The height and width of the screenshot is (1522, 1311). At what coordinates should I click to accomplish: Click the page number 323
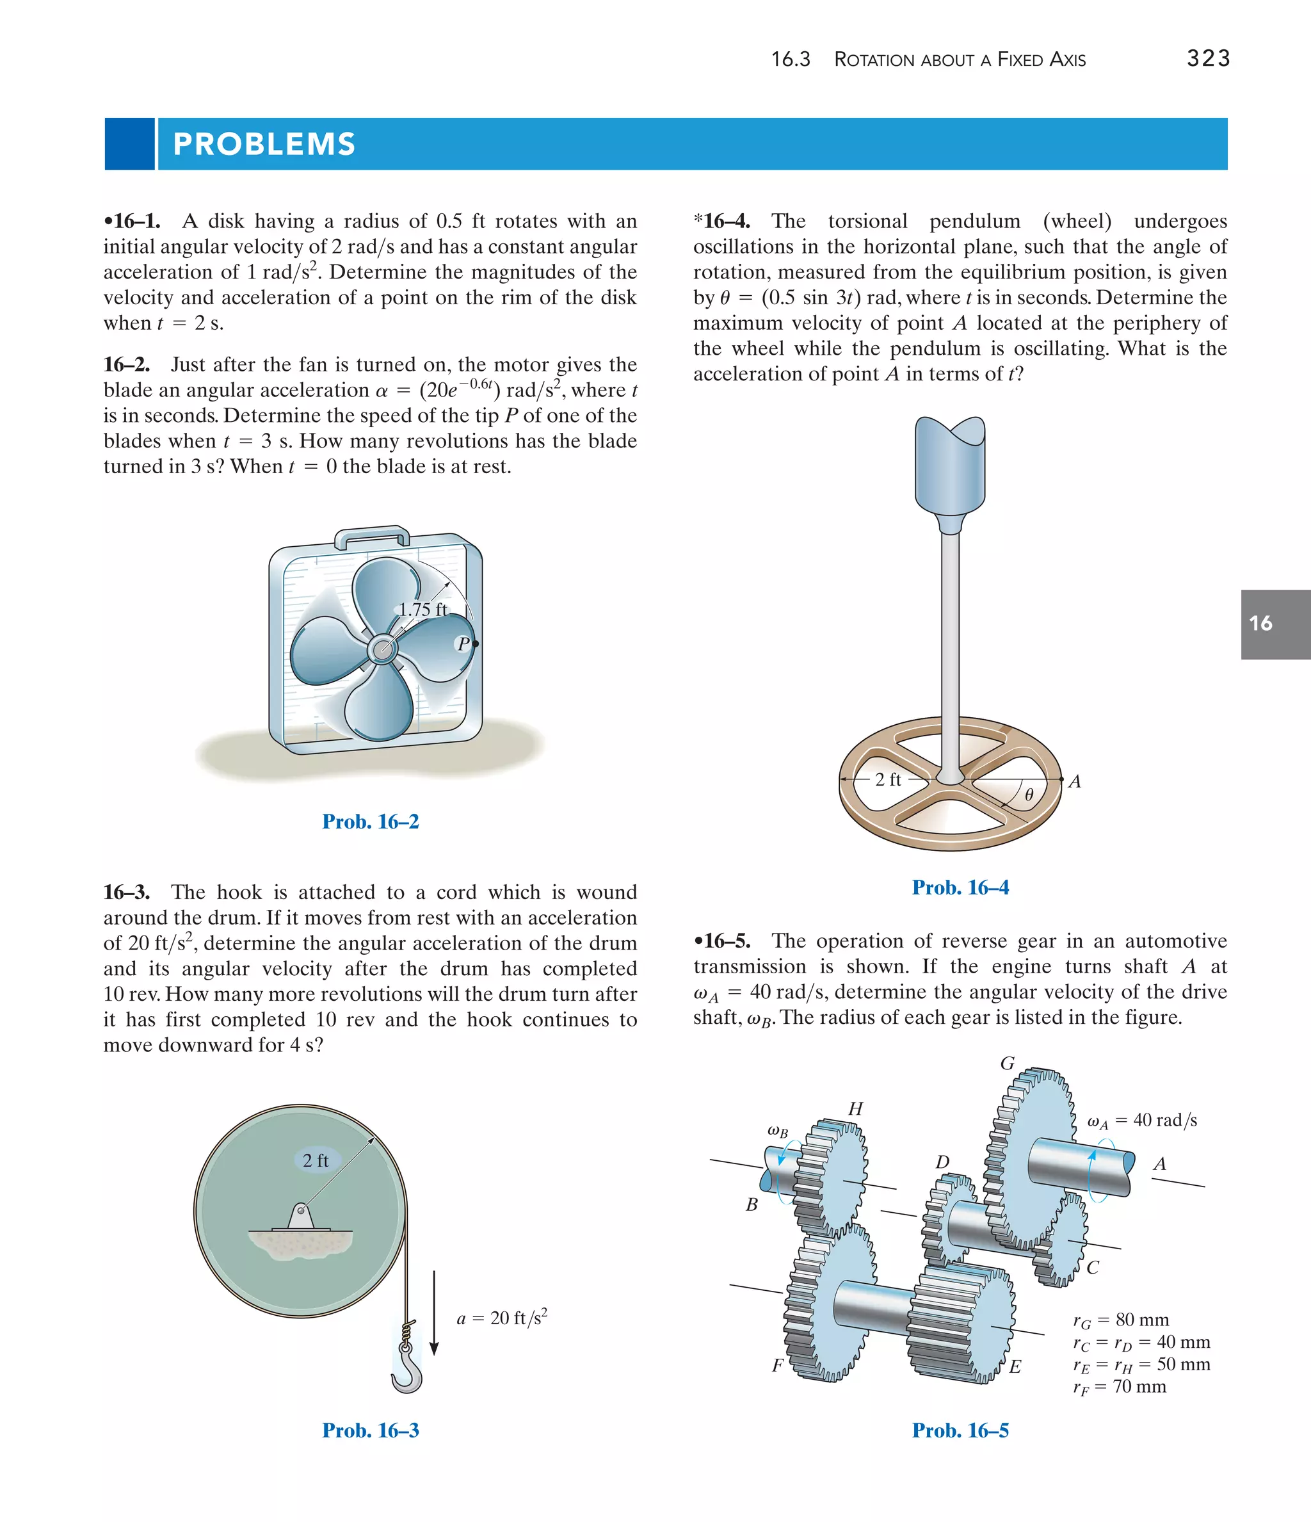tap(1207, 58)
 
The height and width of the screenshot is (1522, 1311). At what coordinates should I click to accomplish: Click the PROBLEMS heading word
tap(264, 144)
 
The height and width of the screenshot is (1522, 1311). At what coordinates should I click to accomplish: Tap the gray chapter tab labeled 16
tap(1275, 624)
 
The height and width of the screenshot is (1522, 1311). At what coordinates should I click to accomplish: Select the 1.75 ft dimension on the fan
tap(422, 609)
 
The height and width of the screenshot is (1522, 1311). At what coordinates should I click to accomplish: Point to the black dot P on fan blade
tap(475, 644)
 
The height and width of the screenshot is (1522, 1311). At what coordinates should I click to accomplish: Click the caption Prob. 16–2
tap(370, 822)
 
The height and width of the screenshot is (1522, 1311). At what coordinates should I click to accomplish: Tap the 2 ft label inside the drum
tap(316, 1160)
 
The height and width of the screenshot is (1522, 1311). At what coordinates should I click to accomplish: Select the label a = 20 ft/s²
tap(502, 1317)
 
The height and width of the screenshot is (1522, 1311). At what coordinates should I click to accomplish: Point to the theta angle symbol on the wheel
tap(1029, 795)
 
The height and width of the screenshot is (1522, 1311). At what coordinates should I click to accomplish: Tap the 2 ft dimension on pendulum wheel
tap(887, 779)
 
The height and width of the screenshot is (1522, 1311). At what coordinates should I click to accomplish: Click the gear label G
tap(1008, 1063)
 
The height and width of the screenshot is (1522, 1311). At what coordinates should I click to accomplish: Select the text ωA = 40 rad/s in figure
tap(1141, 1119)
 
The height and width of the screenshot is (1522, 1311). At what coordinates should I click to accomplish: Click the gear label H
tap(855, 1108)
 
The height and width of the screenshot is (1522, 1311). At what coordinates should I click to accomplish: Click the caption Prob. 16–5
tap(960, 1430)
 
